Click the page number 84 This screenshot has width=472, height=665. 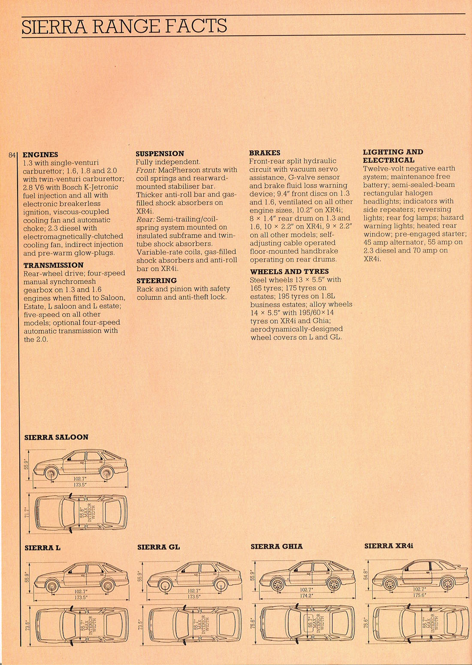click(x=12, y=155)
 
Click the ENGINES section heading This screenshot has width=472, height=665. click(x=40, y=155)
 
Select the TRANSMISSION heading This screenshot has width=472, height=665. click(x=53, y=265)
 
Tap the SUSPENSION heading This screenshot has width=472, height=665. click(x=160, y=154)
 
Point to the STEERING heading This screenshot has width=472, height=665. click(x=157, y=281)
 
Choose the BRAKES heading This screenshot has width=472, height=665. click(x=264, y=153)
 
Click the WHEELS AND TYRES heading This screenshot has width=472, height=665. click(x=289, y=271)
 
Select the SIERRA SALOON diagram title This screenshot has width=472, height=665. click(x=56, y=437)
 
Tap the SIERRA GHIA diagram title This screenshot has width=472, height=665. click(x=277, y=546)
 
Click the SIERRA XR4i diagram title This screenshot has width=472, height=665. click(x=389, y=546)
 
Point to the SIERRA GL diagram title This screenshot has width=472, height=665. click(x=159, y=547)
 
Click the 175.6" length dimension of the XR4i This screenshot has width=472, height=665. click(x=420, y=595)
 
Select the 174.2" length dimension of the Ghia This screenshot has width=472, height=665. click(x=306, y=595)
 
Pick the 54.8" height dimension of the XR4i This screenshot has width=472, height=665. click(x=365, y=575)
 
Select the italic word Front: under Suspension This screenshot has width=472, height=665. click(x=146, y=170)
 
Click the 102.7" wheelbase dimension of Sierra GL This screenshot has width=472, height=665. click(x=194, y=591)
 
